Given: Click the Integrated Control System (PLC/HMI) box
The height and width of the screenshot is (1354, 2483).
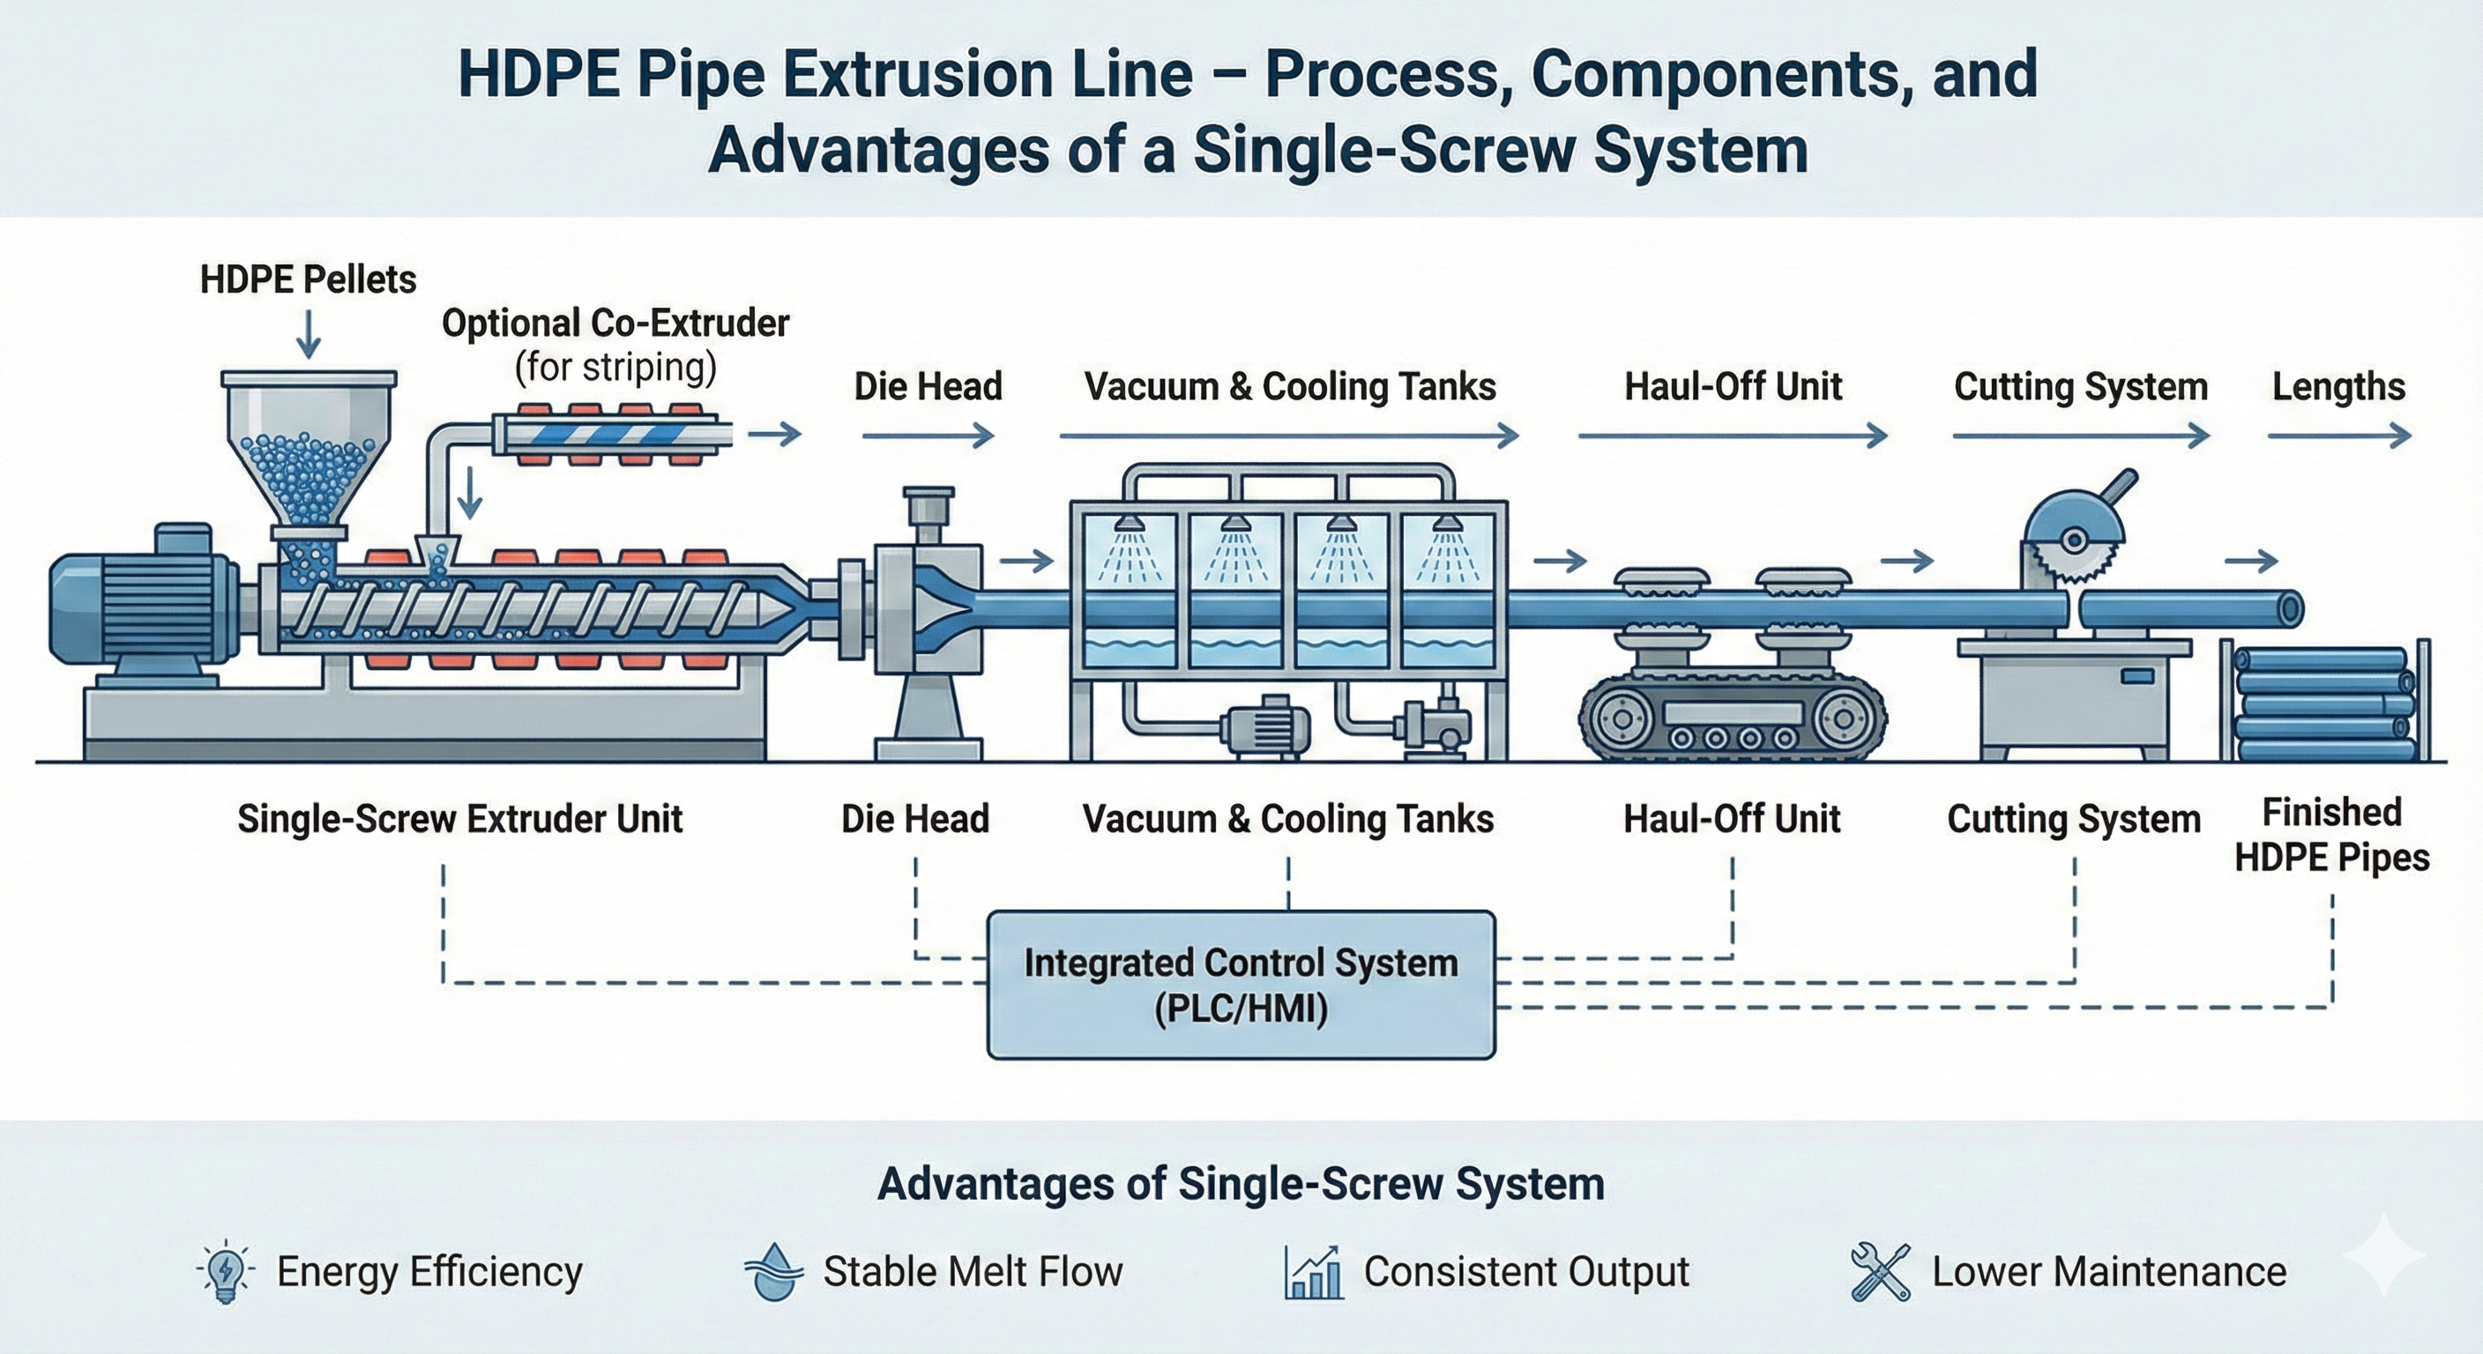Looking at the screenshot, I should point(1241,985).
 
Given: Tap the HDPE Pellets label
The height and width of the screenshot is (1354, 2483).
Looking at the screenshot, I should point(308,280).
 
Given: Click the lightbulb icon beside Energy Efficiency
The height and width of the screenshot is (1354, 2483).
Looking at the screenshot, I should point(225,1271).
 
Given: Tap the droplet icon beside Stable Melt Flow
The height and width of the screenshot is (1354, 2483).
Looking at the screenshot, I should point(773,1271).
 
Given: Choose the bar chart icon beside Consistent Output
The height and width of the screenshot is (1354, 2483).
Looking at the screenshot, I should point(1313,1272).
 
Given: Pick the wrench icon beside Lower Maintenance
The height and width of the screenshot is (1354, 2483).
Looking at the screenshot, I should point(1880,1272).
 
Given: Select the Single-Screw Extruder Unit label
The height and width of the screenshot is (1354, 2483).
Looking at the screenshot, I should point(459,819).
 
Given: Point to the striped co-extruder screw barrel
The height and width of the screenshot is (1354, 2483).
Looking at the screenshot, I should point(612,435).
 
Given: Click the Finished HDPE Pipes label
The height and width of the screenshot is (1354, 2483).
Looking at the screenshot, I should point(2331,835).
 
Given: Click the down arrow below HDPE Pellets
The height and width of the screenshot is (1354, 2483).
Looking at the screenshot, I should point(308,334).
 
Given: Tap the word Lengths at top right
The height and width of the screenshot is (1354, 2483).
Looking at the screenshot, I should point(2338,386).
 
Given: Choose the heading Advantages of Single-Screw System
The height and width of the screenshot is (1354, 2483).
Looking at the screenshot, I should point(1241,1183).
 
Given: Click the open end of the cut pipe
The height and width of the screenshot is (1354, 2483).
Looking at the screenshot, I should point(2290,609).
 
